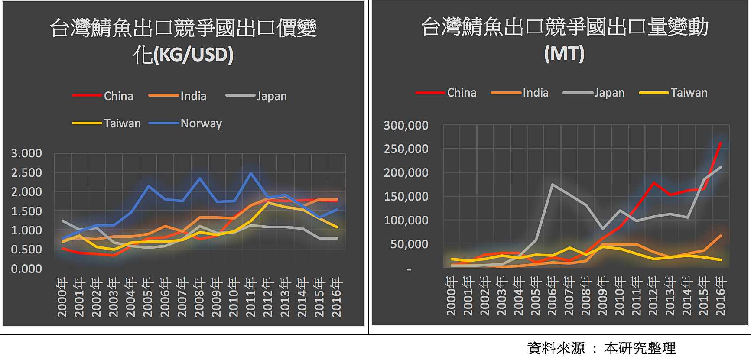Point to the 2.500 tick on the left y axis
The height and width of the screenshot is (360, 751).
click(26, 172)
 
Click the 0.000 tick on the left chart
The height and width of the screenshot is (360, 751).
click(26, 269)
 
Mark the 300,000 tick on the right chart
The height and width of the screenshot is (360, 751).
click(406, 126)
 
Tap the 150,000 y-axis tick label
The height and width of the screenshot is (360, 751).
click(406, 197)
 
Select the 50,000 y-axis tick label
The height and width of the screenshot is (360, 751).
click(409, 244)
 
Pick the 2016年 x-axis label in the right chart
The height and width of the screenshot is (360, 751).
click(720, 296)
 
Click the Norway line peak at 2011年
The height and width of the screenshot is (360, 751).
click(251, 173)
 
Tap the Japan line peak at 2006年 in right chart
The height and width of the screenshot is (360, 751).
click(553, 185)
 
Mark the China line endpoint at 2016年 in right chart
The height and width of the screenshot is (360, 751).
click(720, 143)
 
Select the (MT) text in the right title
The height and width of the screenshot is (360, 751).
click(564, 54)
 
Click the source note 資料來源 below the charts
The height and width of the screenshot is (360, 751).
click(556, 348)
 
